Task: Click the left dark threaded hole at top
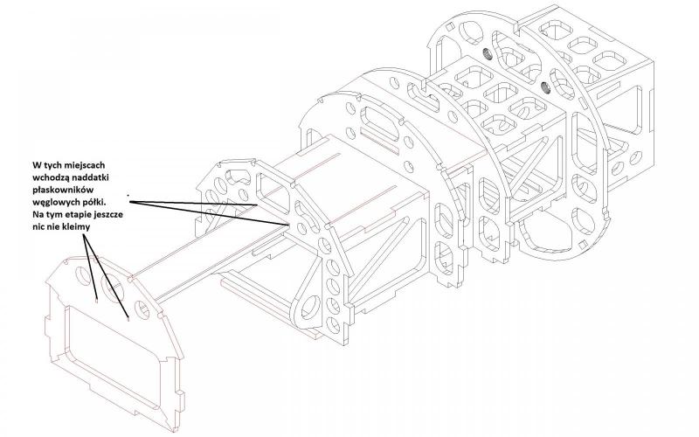click(488, 55)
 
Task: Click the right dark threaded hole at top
click(544, 86)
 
